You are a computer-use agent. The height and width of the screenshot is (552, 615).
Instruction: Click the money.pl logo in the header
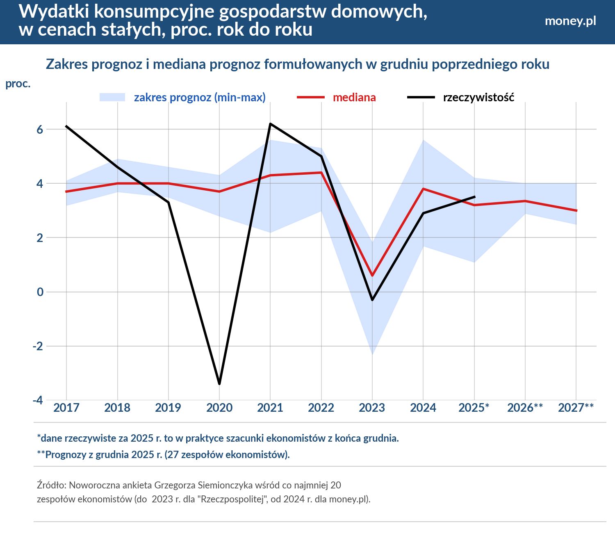point(570,21)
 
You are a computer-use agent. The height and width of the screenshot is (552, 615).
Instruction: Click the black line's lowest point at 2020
point(219,384)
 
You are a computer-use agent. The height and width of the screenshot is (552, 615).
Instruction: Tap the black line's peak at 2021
point(270,123)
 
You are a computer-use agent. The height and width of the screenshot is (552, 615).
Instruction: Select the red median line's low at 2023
point(372,276)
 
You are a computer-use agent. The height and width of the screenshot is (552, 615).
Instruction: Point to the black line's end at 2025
point(474,197)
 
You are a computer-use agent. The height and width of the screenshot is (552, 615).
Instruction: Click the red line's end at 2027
point(576,210)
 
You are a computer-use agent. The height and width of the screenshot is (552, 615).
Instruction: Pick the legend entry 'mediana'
point(354,98)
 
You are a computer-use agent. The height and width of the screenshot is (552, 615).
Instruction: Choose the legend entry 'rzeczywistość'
point(478,98)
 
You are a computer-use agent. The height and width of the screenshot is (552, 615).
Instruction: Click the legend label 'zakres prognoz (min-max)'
point(200,98)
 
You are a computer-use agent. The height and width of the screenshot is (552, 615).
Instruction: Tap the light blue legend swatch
point(112,97)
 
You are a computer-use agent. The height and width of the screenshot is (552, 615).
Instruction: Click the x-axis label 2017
point(66,408)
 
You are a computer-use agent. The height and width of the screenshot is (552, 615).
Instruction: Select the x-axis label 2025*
point(474,408)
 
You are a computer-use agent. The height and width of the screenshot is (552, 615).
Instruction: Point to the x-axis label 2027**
point(576,408)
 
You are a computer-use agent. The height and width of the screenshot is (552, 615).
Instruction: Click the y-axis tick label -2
point(38,346)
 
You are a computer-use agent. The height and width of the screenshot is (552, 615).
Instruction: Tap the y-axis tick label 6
point(40,130)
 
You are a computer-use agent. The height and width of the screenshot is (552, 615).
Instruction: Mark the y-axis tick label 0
point(40,292)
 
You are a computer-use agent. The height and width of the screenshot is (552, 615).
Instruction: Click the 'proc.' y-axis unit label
point(18,84)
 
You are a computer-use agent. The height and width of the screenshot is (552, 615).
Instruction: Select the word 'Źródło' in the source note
point(51,485)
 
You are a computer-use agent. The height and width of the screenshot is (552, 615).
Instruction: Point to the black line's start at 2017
point(66,126)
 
